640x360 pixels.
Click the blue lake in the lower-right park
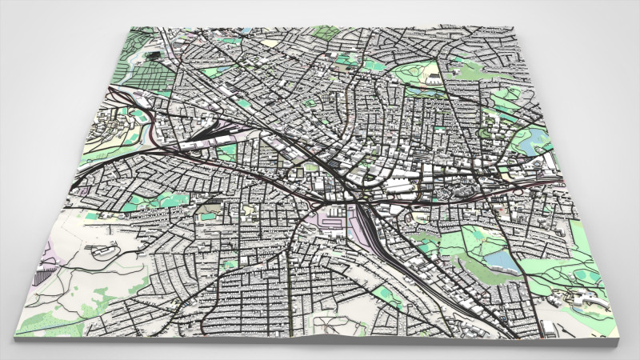pyautogui.click(x=501, y=260)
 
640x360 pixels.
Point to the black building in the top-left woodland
pyautogui.click(x=153, y=57)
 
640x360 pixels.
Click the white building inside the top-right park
pyautogui.click(x=432, y=78)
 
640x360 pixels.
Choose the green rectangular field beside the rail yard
pyautogui.click(x=227, y=150)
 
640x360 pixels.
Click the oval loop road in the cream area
pyautogui.click(x=102, y=251)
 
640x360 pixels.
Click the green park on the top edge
pyautogui.click(x=326, y=33)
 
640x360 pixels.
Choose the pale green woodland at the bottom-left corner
pyautogui.click(x=48, y=324)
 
